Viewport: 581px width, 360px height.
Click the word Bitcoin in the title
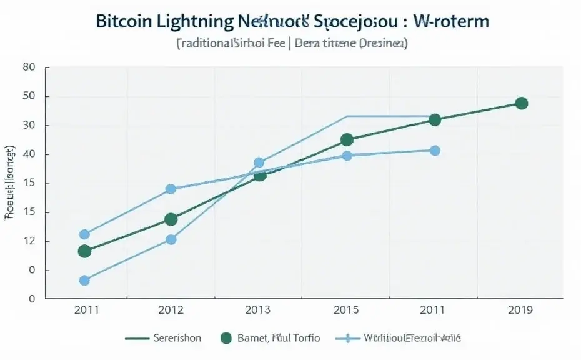pyautogui.click(x=124, y=21)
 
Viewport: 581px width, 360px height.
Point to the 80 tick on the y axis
pyautogui.click(x=28, y=67)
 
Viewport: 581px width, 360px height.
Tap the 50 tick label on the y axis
pyautogui.click(x=28, y=96)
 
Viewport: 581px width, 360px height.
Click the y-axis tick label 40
pyautogui.click(x=28, y=154)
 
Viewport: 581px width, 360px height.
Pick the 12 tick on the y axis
pyautogui.click(x=28, y=241)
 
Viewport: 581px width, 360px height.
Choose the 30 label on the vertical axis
pyautogui.click(x=28, y=126)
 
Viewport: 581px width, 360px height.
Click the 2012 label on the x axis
pyautogui.click(x=171, y=310)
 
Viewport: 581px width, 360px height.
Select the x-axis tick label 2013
pyautogui.click(x=259, y=310)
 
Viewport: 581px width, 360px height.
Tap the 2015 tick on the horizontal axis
pyautogui.click(x=347, y=310)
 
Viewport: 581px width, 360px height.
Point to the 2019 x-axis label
pyautogui.click(x=521, y=310)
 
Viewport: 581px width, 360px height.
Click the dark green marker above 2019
pyautogui.click(x=522, y=103)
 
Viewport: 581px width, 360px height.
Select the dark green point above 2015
pyautogui.click(x=347, y=140)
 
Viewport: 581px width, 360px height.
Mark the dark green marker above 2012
pyautogui.click(x=171, y=219)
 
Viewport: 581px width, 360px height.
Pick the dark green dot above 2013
pyautogui.click(x=260, y=175)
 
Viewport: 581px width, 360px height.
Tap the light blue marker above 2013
pyautogui.click(x=259, y=162)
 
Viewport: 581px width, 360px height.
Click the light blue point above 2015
pyautogui.click(x=347, y=156)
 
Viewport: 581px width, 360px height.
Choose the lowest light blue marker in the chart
pyautogui.click(x=84, y=281)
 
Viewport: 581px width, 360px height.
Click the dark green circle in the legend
pyautogui.click(x=226, y=338)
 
